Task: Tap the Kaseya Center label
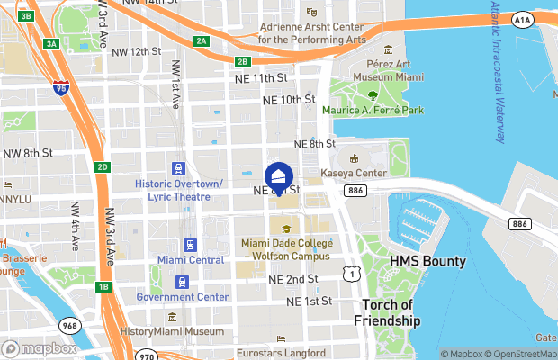tap(355, 173)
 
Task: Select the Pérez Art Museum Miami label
tap(387, 71)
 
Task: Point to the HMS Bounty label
tap(427, 261)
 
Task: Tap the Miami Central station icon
tap(190, 245)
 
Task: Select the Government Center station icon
tap(183, 282)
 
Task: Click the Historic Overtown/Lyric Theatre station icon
tap(178, 168)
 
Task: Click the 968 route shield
tap(69, 325)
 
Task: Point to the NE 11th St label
tap(262, 79)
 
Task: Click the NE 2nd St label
tap(294, 280)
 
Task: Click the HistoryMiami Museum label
tap(172, 331)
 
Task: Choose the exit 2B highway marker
tap(242, 62)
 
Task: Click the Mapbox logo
tap(40, 348)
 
